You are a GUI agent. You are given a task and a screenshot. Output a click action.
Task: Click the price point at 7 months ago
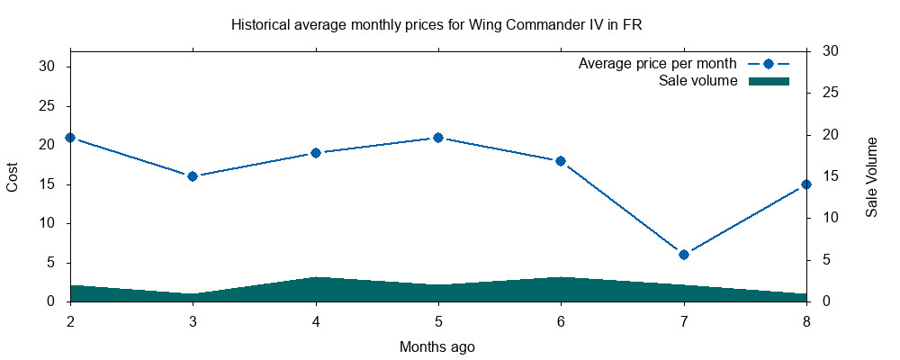click(x=684, y=255)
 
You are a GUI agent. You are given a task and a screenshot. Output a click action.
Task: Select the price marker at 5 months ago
click(x=438, y=138)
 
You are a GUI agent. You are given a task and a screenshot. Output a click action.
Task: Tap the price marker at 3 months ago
click(x=193, y=176)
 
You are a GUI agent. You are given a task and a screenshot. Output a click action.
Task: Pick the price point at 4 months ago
click(x=316, y=153)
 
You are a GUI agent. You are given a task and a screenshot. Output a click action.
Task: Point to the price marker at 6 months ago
click(x=561, y=161)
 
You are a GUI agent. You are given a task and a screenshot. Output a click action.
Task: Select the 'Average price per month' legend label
click(x=658, y=64)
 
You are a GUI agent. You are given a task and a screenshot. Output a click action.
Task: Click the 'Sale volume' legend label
click(x=698, y=81)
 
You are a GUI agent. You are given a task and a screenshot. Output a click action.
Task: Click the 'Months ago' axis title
click(x=437, y=346)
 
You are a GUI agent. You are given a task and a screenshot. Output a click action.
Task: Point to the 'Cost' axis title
click(x=13, y=176)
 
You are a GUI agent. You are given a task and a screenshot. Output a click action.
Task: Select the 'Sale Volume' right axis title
click(x=871, y=176)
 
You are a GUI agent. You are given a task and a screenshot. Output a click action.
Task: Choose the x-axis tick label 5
click(x=438, y=320)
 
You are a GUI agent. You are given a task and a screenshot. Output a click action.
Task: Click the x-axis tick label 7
click(x=684, y=320)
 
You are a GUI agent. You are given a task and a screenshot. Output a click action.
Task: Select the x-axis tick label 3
click(x=193, y=320)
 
